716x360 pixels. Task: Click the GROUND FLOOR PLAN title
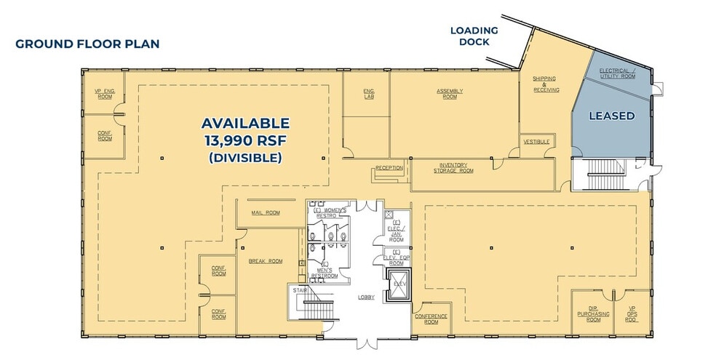point(87,44)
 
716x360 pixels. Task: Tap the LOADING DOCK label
point(474,36)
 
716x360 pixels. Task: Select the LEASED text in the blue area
point(611,116)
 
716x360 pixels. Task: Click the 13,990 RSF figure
point(245,140)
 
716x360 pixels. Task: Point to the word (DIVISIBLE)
point(245,157)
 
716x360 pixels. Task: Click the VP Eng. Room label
point(106,94)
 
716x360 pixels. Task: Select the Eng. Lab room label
point(368,92)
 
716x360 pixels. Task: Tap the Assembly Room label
point(450,92)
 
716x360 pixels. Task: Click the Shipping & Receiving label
point(546,84)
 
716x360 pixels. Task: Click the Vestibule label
point(536,141)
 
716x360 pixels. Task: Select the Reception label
point(389,168)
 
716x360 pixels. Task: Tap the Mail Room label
point(266,213)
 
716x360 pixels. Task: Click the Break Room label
point(266,260)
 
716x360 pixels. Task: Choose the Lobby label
point(366,297)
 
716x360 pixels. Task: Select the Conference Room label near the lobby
point(431,319)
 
